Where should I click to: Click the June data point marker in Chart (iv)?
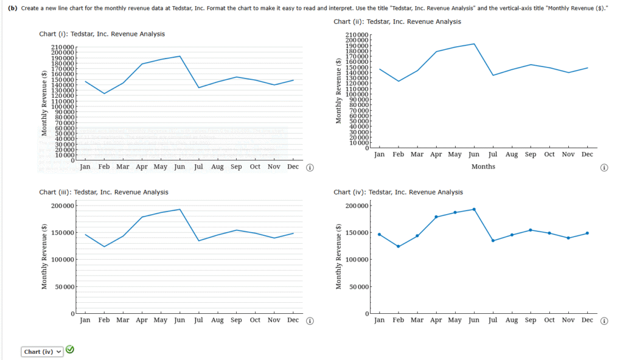coord(474,209)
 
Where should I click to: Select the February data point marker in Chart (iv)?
coord(399,246)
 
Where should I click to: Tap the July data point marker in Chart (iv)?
coord(493,241)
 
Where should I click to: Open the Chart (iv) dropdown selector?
coord(43,351)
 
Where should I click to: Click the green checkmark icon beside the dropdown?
coord(70,350)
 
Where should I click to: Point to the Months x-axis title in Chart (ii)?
coord(483,167)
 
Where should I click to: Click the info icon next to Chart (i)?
coord(309,168)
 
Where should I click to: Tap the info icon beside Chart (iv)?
coord(604,321)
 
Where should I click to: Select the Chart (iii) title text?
coord(103,192)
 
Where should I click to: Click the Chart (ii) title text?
coord(397,22)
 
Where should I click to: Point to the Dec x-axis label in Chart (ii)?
coord(587,154)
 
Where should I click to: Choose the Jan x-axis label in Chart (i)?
coord(85,167)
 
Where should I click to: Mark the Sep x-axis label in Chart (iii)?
coord(236,320)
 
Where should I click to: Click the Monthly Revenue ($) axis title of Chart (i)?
coord(44,104)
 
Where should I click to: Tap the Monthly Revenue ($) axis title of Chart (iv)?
coord(339,260)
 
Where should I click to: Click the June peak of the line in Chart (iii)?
coord(179,209)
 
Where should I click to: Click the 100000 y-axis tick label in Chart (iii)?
coord(59,260)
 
